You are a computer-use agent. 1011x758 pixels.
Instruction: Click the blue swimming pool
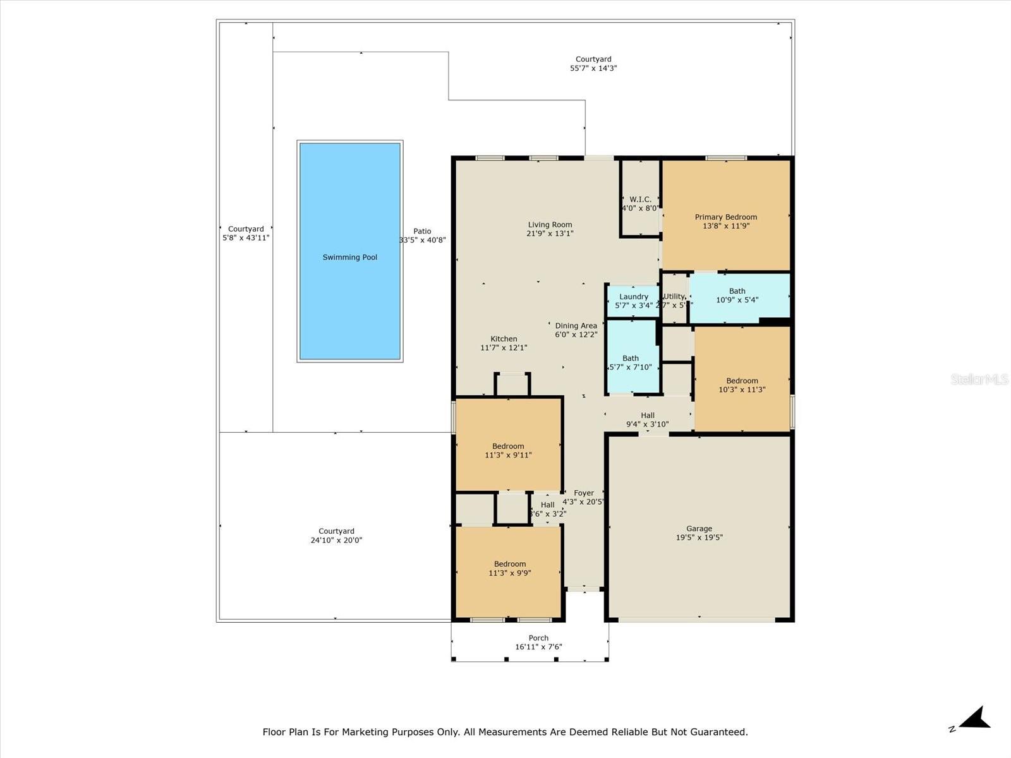click(x=349, y=251)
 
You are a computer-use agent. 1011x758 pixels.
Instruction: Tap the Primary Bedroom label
click(x=725, y=217)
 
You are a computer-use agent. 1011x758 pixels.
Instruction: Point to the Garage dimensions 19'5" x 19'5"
click(x=699, y=538)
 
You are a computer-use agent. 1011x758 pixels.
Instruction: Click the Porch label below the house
click(x=538, y=638)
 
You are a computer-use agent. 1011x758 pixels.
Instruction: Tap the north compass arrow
click(x=975, y=719)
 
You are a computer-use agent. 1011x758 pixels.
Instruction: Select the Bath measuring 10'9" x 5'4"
click(x=737, y=296)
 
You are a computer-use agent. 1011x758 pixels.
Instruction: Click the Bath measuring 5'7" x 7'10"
click(x=631, y=363)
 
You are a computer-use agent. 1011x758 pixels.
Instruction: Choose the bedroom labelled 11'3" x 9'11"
click(x=508, y=450)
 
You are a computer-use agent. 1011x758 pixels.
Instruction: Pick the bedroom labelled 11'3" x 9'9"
click(x=509, y=568)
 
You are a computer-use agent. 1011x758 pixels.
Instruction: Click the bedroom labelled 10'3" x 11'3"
click(x=742, y=385)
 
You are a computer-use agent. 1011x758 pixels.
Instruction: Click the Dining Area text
click(x=576, y=326)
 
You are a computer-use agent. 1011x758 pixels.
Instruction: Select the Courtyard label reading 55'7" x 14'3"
click(x=593, y=64)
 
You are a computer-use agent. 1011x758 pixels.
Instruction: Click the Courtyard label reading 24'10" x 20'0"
click(x=336, y=536)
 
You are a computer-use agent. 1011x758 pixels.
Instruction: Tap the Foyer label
click(x=583, y=493)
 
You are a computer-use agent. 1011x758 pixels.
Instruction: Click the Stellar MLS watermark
click(x=979, y=379)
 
